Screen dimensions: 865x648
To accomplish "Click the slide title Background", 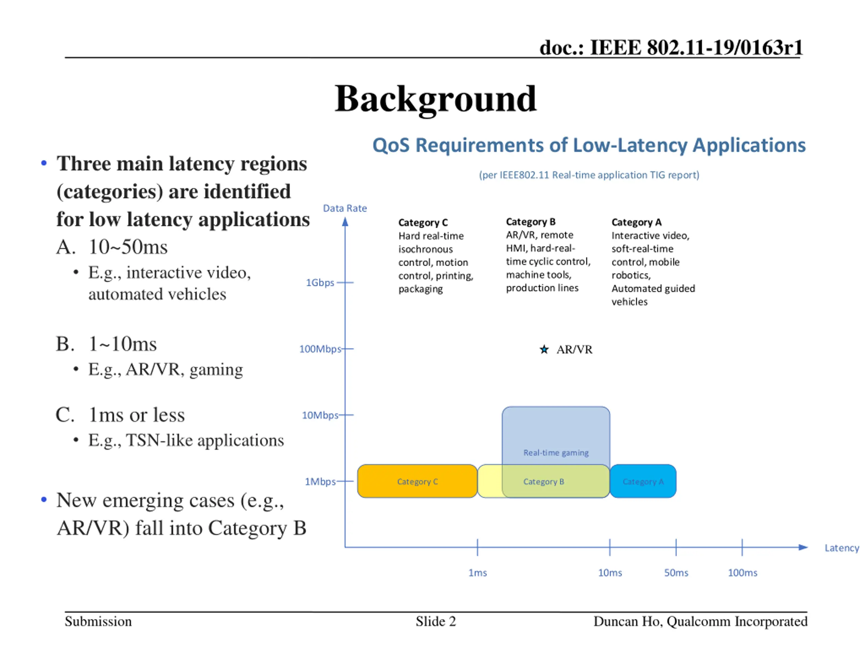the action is click(x=436, y=100).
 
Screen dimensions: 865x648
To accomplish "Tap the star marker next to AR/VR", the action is click(x=544, y=349).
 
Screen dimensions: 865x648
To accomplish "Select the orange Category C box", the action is click(x=417, y=481).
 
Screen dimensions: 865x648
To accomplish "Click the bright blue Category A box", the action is click(x=643, y=481).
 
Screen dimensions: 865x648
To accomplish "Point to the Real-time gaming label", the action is click(x=556, y=452).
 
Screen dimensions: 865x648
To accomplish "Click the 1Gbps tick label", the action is click(x=320, y=282).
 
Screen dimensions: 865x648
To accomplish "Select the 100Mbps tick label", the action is click(x=320, y=349).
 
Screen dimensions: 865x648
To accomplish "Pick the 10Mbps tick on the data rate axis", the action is click(x=346, y=415).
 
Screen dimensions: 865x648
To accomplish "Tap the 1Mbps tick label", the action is click(x=320, y=482).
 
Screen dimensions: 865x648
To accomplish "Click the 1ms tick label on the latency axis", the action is click(x=477, y=573).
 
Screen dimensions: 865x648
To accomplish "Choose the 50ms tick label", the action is click(x=676, y=573).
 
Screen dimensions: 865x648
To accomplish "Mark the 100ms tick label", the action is click(x=742, y=573).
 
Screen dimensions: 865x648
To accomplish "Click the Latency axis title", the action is click(x=842, y=548).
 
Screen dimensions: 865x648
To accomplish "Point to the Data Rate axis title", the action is click(x=345, y=208).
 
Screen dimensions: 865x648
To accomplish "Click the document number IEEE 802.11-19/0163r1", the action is click(x=696, y=48).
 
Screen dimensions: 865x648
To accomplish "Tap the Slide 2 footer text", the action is click(x=436, y=621).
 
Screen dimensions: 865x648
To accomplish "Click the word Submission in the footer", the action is click(x=98, y=621).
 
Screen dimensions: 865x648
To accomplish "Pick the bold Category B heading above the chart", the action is click(x=530, y=222).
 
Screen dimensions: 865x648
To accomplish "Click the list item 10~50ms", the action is click(x=128, y=247).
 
